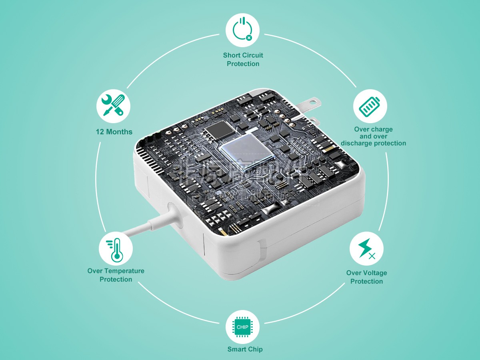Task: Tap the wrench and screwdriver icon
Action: pyautogui.click(x=113, y=106)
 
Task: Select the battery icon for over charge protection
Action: pyautogui.click(x=370, y=106)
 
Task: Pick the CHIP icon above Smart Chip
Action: pyautogui.click(x=242, y=327)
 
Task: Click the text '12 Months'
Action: pyautogui.click(x=114, y=132)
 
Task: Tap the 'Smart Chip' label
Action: pyautogui.click(x=245, y=349)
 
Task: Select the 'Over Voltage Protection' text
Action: pyautogui.click(x=366, y=277)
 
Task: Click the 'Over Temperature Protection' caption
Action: pyautogui.click(x=116, y=275)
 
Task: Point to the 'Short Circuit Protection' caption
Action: pyautogui.click(x=243, y=60)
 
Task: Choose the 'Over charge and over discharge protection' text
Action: pyautogui.click(x=373, y=136)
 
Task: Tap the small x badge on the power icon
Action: pyautogui.click(x=249, y=38)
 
